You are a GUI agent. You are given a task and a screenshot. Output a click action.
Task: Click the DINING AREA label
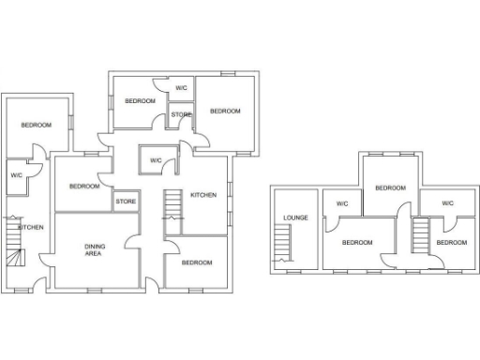94,249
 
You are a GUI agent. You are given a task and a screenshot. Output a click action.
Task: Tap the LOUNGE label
296,218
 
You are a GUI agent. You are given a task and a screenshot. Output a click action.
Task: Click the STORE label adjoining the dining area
126,201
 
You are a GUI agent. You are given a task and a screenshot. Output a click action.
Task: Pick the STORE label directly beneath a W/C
181,115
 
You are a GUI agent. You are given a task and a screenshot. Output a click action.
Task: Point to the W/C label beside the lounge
342,203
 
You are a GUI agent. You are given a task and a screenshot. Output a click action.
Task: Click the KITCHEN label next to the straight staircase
203,195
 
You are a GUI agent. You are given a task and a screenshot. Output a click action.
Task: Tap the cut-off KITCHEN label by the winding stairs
31,228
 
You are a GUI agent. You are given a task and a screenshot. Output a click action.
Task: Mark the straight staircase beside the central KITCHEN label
172,204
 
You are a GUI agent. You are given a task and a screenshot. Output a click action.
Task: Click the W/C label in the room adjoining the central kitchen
155,160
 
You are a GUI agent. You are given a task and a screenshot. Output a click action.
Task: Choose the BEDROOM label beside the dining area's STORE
83,186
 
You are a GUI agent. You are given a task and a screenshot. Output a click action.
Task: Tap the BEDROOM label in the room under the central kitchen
196,262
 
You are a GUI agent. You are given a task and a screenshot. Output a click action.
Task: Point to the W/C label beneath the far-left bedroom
17,175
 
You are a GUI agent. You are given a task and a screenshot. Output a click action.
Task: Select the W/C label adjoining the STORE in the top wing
181,88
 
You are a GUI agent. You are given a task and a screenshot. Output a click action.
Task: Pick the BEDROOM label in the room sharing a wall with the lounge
356,243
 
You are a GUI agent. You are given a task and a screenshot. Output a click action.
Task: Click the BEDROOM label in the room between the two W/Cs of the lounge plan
390,187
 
